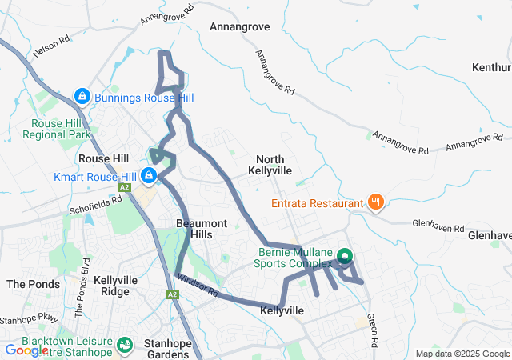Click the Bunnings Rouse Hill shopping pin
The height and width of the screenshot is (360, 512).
(x=81, y=97)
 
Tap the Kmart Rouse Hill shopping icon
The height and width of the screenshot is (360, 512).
(x=149, y=175)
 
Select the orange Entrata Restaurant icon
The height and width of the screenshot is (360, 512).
(x=374, y=203)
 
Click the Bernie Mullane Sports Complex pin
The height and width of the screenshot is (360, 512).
(x=344, y=256)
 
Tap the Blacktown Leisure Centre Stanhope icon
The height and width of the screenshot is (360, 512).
(x=125, y=344)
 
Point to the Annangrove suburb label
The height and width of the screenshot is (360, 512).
(x=239, y=26)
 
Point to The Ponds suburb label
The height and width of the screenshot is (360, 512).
(x=34, y=284)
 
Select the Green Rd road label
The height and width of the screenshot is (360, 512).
(x=372, y=330)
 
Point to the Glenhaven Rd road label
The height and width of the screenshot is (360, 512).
(x=438, y=227)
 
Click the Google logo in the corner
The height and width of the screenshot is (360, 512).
(x=26, y=350)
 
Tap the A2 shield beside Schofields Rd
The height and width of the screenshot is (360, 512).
(x=124, y=187)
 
